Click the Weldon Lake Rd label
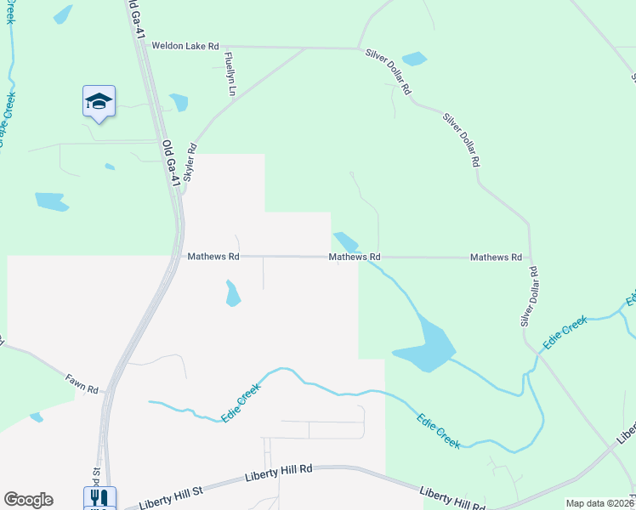click(x=185, y=46)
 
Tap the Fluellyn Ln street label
click(x=229, y=72)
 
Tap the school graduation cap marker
click(x=99, y=102)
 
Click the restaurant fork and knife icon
click(x=99, y=498)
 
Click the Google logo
click(x=28, y=500)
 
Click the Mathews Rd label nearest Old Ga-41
click(x=213, y=256)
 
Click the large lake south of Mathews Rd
click(x=429, y=344)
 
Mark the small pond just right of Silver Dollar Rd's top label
click(x=414, y=59)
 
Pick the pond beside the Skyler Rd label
click(x=179, y=102)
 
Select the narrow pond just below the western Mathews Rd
click(x=231, y=293)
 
